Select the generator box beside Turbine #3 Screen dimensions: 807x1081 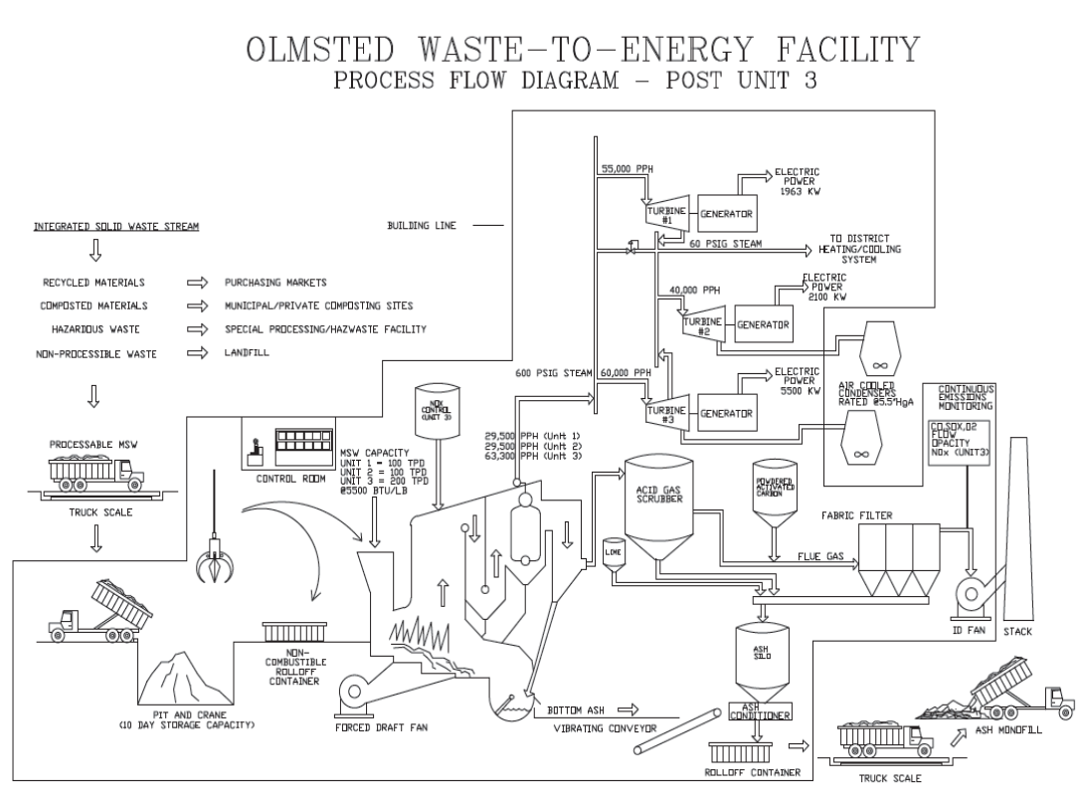pos(725,412)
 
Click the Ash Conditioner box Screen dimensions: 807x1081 pos(760,713)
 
